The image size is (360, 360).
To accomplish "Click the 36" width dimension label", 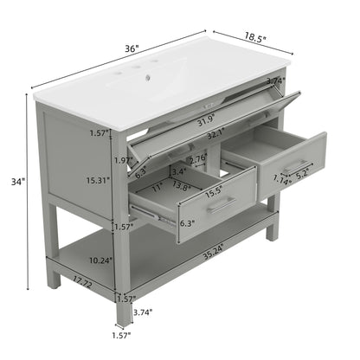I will point(131,49).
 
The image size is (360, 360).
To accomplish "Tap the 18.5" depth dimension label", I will point(254,39).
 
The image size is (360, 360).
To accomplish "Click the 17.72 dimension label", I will point(83,281).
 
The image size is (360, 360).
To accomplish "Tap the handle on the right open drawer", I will point(296,164).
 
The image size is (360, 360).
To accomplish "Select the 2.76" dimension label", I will point(198,158).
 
